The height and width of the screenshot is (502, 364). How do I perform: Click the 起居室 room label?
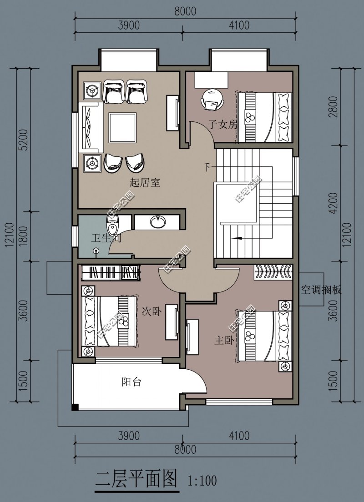tap(145, 183)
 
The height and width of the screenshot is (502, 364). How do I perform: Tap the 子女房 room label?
tap(223, 124)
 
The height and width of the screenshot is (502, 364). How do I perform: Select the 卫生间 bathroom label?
tap(106, 237)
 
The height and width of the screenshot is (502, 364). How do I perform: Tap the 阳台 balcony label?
tap(131, 382)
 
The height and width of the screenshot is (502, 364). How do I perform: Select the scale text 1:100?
tap(202, 480)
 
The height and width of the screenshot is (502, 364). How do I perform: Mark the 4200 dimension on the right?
tap(335, 203)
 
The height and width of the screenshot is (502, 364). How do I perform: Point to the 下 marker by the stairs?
tap(207, 168)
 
